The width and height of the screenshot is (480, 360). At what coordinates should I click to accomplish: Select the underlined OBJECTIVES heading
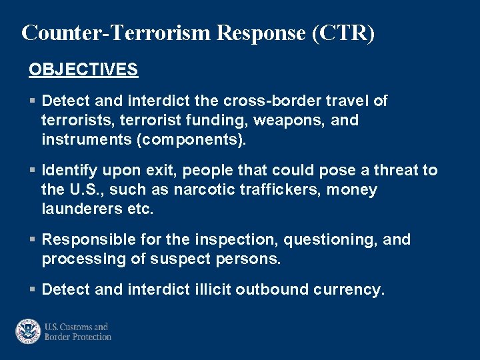[x=83, y=69]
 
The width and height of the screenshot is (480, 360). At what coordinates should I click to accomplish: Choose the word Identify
[x=69, y=170]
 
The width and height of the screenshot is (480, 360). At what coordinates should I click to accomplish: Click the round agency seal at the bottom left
[x=28, y=331]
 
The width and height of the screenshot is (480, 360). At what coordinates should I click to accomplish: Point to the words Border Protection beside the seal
[x=78, y=337]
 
